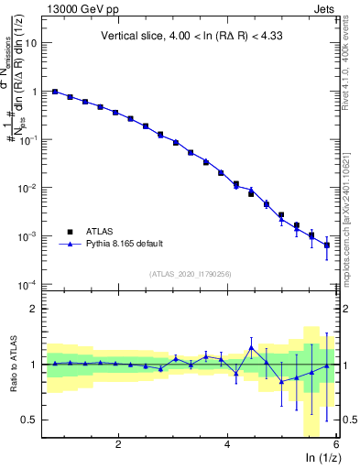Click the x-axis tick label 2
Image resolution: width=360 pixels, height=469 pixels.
click(x=118, y=444)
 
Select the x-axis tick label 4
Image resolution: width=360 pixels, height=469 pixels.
click(x=227, y=444)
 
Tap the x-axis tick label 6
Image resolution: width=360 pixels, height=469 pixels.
click(x=336, y=444)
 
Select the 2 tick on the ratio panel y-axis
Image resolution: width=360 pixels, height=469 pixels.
click(x=34, y=309)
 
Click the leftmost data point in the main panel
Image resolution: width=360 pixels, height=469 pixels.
click(x=55, y=92)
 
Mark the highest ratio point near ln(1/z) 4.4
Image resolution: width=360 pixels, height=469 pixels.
click(x=251, y=348)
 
